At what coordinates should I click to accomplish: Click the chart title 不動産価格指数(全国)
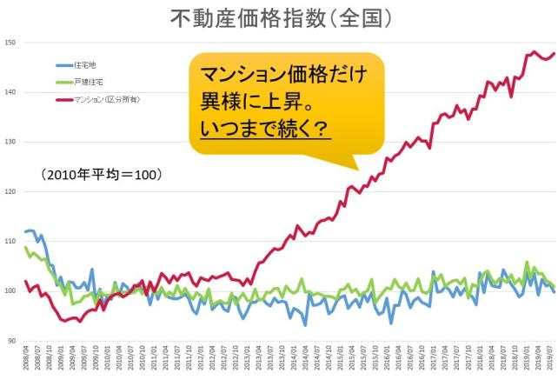click(278, 18)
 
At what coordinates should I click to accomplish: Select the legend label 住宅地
click(89, 65)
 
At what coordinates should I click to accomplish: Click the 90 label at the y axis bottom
click(11, 340)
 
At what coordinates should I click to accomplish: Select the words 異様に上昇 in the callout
click(252, 103)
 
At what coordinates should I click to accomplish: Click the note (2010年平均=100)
click(101, 174)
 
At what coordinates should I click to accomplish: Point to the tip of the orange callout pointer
click(355, 168)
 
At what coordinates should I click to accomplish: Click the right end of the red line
click(554, 54)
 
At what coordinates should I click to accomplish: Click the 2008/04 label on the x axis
click(25, 360)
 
